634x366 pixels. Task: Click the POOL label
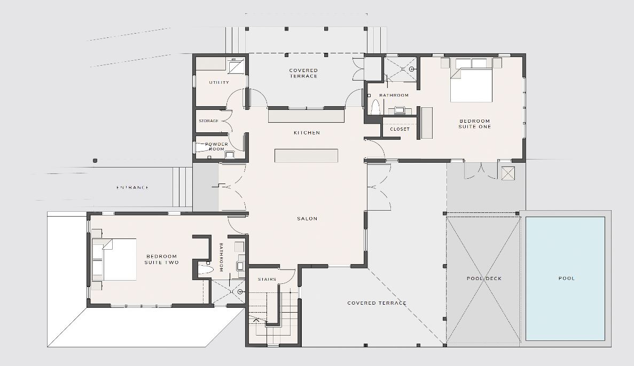click(567, 279)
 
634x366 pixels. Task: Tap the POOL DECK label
click(484, 279)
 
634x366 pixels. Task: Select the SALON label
click(307, 219)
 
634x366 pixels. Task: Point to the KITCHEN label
click(307, 132)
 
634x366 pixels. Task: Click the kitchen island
click(306, 156)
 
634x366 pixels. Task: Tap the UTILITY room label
click(219, 82)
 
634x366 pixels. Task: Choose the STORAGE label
click(209, 121)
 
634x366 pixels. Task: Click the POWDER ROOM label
click(217, 146)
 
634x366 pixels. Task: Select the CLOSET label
click(400, 129)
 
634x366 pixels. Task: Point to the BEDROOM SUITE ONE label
click(475, 124)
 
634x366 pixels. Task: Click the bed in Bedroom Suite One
click(472, 80)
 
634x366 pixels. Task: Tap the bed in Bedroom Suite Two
click(114, 259)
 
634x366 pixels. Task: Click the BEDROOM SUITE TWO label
click(162, 259)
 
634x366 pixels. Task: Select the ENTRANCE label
click(132, 187)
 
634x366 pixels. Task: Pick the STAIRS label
click(267, 279)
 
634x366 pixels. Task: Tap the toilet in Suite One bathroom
click(375, 107)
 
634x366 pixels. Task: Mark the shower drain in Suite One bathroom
click(412, 69)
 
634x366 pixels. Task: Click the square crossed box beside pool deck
click(508, 173)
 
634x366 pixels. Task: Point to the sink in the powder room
click(229, 154)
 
